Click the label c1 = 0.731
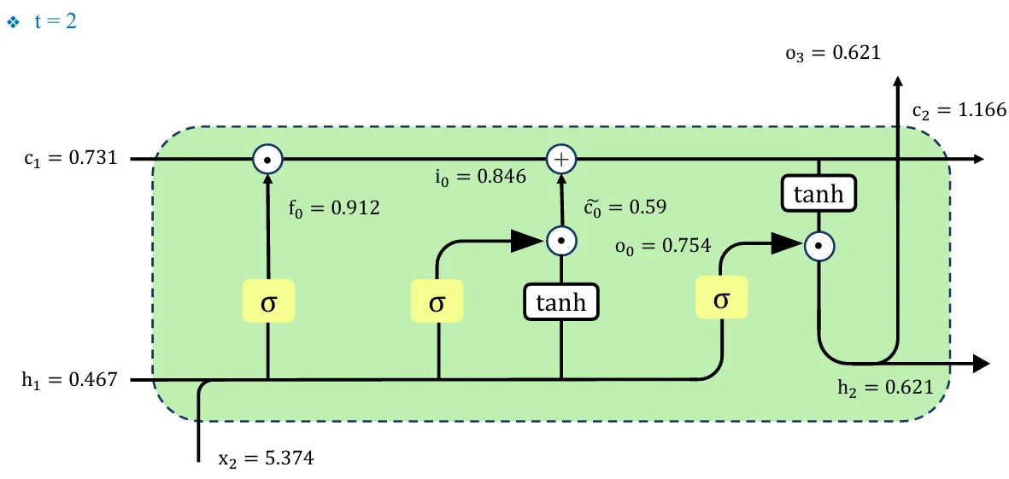pos(71,159)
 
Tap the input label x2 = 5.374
pos(266,459)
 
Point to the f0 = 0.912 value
pos(335,207)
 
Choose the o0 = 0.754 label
pos(662,246)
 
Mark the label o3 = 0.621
pos(832,54)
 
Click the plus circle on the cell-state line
pos(561,159)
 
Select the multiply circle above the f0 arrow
pos(267,159)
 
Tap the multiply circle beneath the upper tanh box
pos(818,246)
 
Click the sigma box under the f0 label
pos(268,303)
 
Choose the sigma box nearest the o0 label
pos(721,300)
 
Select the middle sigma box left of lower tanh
pos(437,303)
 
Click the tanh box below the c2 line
pos(818,194)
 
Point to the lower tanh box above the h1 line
pos(561,301)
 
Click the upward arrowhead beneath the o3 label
pos(897,82)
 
